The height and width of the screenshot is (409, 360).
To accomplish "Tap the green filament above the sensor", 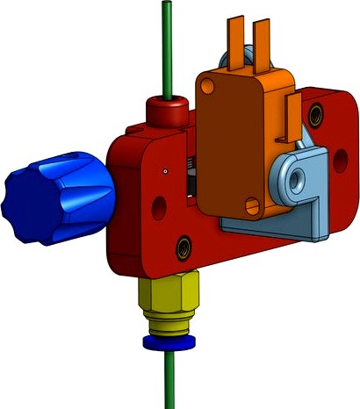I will (x=164, y=44).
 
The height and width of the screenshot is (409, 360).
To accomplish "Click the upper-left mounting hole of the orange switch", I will (x=207, y=85).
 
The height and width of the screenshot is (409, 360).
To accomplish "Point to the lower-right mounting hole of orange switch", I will (x=256, y=208).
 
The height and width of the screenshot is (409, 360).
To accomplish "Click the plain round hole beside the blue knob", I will (x=158, y=207).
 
